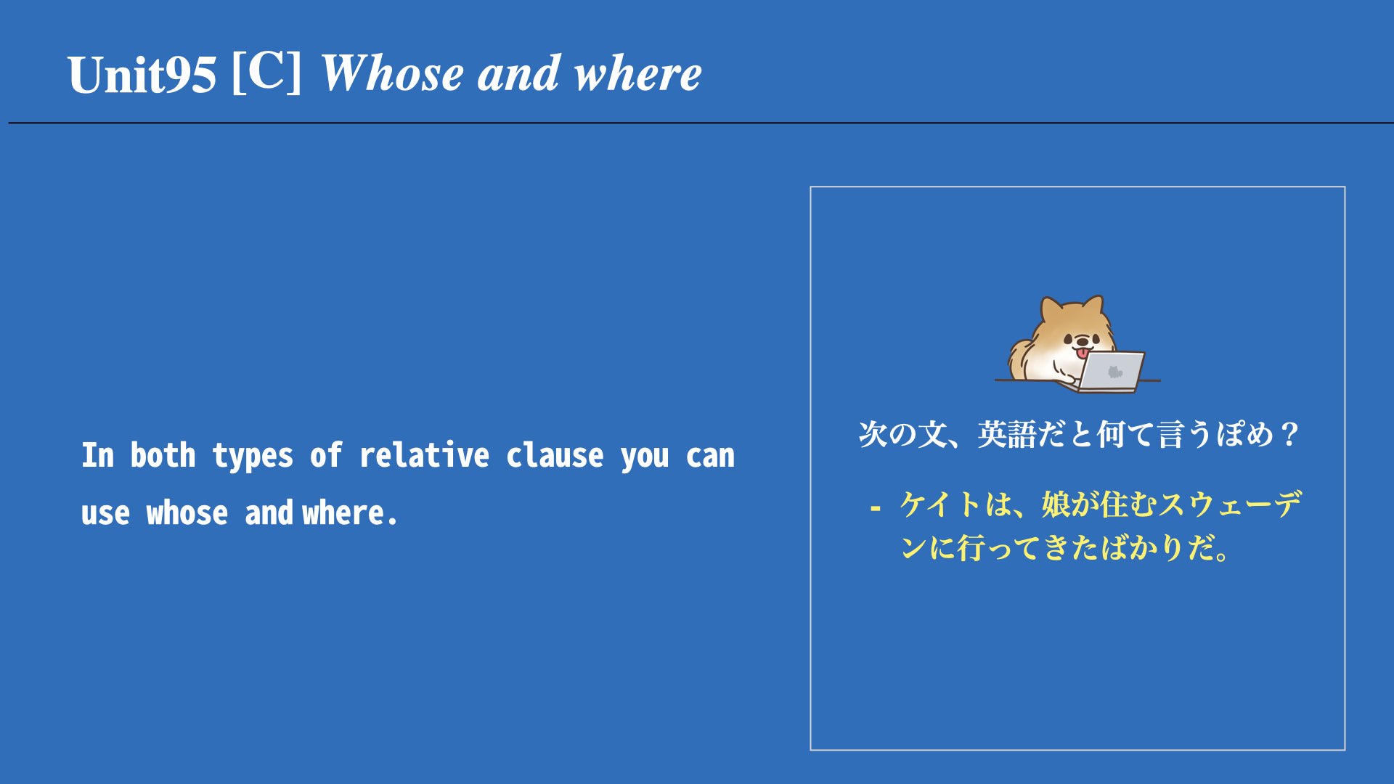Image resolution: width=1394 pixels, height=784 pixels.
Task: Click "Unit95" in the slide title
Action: pyautogui.click(x=142, y=75)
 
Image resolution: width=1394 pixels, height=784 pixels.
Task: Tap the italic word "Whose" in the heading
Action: pyautogui.click(x=392, y=73)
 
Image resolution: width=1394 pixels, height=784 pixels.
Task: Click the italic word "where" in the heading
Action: pyautogui.click(x=637, y=74)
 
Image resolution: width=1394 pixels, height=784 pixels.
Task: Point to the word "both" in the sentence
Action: pyautogui.click(x=163, y=455)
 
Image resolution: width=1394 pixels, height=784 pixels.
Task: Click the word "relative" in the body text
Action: pyautogui.click(x=424, y=455)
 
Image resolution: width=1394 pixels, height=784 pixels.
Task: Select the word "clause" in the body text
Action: pyautogui.click(x=555, y=455)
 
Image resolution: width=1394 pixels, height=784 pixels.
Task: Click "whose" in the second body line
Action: pyautogui.click(x=187, y=513)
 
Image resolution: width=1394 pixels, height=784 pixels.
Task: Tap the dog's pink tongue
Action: pyautogui.click(x=1083, y=354)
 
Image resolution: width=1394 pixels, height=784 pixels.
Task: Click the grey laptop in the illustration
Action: pyautogui.click(x=1109, y=372)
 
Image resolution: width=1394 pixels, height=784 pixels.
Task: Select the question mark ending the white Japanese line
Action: pyautogui.click(x=1290, y=435)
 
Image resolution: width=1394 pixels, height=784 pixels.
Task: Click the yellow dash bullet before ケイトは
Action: pyautogui.click(x=876, y=508)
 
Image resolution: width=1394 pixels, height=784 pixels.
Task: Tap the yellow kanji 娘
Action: pyautogui.click(x=1056, y=505)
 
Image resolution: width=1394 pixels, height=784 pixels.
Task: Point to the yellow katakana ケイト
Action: pyautogui.click(x=942, y=505)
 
